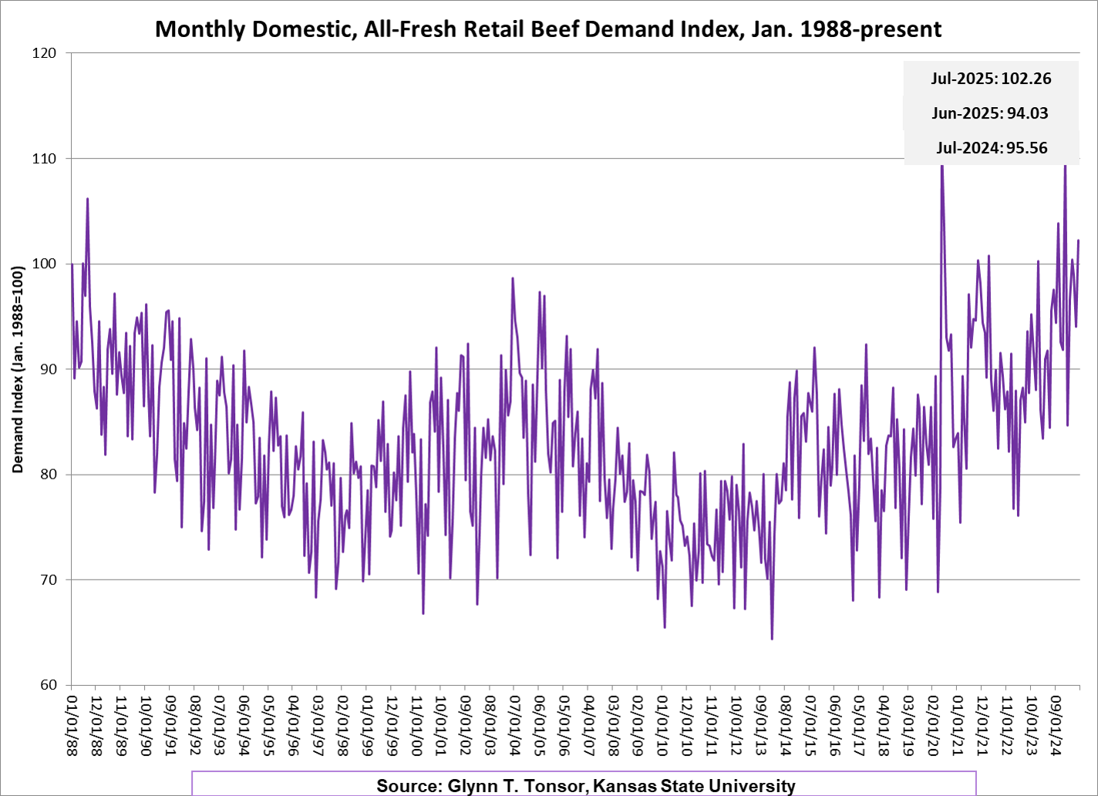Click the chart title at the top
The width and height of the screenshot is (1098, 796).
coord(548,29)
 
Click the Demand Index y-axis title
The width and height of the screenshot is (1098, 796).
coord(18,369)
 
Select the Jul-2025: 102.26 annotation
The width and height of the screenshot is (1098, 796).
coord(991,79)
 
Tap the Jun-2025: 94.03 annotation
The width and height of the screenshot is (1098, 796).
coord(990,113)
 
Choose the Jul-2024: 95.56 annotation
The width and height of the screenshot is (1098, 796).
coord(992,148)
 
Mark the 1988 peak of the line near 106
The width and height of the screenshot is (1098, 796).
coord(88,199)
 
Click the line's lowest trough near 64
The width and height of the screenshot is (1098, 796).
coord(772,639)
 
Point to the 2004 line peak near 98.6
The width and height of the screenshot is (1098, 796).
coord(513,278)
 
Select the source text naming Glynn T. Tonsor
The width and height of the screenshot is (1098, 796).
coord(585,786)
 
